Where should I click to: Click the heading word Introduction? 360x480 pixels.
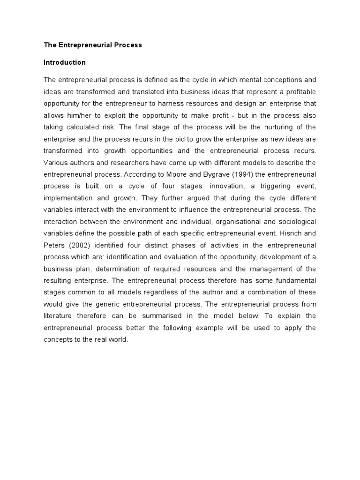point(65,62)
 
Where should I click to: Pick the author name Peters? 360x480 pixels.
point(53,245)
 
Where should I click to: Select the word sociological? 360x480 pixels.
point(293,221)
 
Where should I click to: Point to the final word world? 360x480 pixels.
point(118,340)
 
